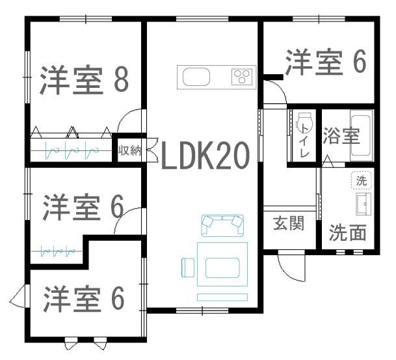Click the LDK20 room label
[205, 155]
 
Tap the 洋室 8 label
[84, 80]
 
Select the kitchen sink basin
[196, 77]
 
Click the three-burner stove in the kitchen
[242, 77]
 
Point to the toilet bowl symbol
[304, 122]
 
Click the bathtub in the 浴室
[362, 135]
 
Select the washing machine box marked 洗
[361, 180]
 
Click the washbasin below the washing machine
[363, 204]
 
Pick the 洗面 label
[347, 232]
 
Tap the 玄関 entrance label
[289, 223]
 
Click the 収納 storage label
[130, 151]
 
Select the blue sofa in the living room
[222, 225]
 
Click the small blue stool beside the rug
[188, 268]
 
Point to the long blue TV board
[222, 298]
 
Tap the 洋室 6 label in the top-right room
[326, 62]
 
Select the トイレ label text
[304, 142]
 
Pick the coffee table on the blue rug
[222, 268]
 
